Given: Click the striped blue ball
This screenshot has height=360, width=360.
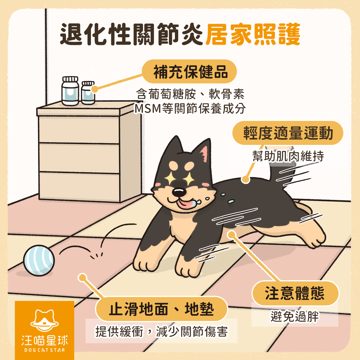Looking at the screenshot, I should (x=39, y=260).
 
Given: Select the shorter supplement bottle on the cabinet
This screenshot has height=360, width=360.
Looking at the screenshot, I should (x=88, y=93).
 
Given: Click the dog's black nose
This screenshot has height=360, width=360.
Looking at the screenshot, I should (x=179, y=192).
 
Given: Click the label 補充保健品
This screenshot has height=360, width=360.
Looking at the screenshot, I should (x=190, y=72).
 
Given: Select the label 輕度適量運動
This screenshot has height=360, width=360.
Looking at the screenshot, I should (x=288, y=133).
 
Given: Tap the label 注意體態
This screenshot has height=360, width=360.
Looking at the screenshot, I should (x=295, y=293).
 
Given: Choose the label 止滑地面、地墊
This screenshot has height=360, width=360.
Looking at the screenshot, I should (x=161, y=309).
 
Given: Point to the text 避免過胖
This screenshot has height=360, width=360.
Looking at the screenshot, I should (x=295, y=316).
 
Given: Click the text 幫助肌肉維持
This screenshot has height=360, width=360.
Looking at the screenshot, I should (x=288, y=156).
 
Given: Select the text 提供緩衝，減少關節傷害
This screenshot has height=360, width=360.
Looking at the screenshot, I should (x=161, y=331).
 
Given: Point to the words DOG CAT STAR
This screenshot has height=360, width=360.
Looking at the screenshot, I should (x=44, y=350).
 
